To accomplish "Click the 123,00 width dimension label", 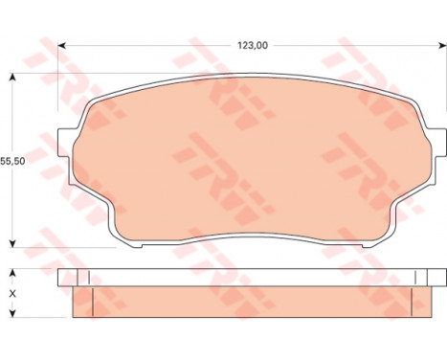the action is pos(253,46).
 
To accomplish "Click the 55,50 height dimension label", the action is pos(12,161).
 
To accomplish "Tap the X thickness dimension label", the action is pos(12,294).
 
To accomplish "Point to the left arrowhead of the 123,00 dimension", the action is pos(61,46).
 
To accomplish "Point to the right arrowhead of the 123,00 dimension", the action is pos(443,46).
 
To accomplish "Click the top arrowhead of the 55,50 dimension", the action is pos(12,78).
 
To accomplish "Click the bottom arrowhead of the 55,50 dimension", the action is pos(12,243).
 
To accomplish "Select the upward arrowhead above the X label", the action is pos(12,273).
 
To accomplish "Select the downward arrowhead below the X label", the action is pos(12,313).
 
